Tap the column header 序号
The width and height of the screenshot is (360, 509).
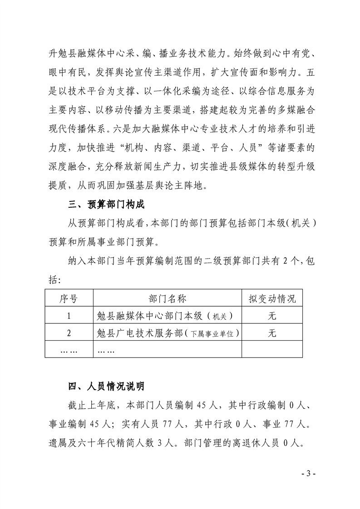(x=69, y=299)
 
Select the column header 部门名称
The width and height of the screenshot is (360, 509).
(x=167, y=299)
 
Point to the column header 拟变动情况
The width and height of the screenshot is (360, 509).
(x=272, y=299)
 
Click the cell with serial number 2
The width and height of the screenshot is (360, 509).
(x=69, y=333)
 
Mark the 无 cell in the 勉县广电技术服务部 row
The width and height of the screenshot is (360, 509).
(x=272, y=333)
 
